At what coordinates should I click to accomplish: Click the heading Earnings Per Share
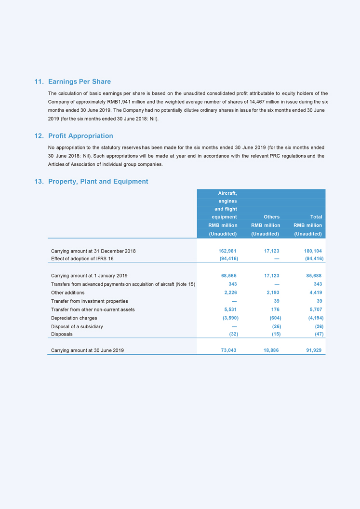pyautogui.click(x=80, y=81)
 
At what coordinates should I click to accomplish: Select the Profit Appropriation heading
pyautogui.click(x=80, y=136)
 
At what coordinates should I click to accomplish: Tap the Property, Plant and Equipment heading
pyautogui.click(x=98, y=182)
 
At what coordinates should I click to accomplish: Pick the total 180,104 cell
pyautogui.click(x=312, y=251)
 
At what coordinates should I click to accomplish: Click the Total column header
pyautogui.click(x=316, y=217)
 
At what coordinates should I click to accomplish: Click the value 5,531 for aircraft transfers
pyautogui.click(x=229, y=309)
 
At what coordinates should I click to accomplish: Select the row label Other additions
pyautogui.click(x=67, y=293)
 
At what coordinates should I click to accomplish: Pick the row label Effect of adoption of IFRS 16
pyautogui.click(x=82, y=258)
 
